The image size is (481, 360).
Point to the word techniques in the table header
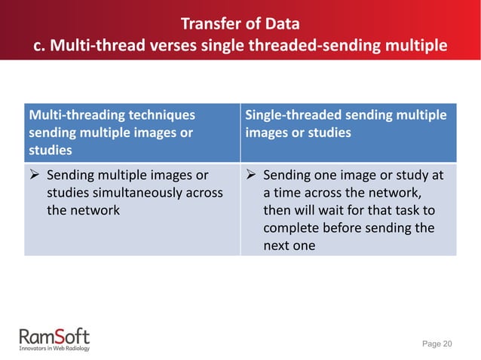click(x=155, y=115)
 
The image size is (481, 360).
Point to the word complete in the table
click(x=292, y=227)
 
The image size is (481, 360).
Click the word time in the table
click(x=290, y=193)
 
